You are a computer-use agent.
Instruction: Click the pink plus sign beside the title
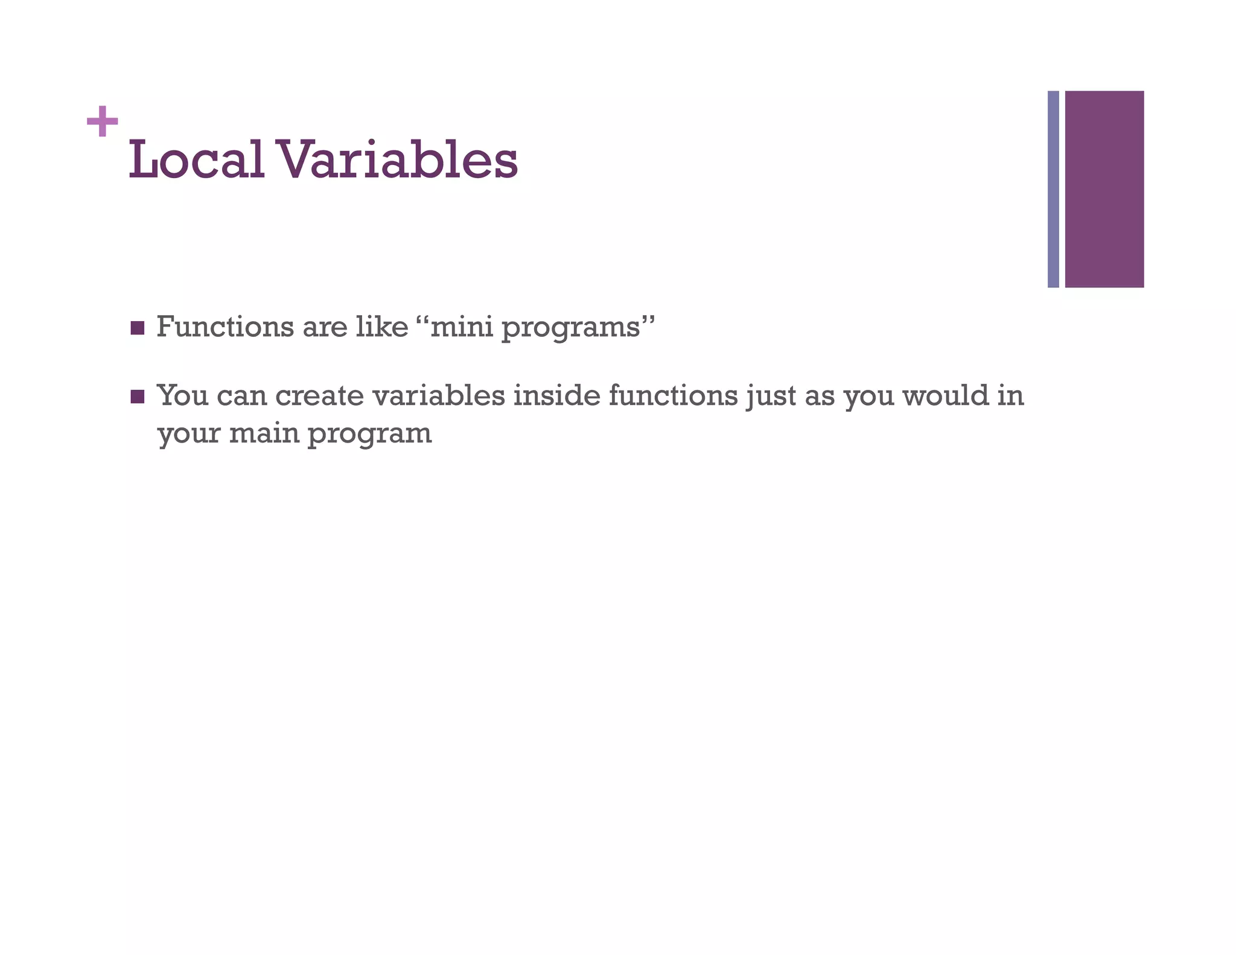click(x=102, y=121)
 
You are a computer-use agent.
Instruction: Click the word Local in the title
click(x=197, y=159)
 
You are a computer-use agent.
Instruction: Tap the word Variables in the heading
click(x=397, y=159)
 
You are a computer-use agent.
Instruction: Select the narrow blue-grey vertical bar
click(x=1053, y=189)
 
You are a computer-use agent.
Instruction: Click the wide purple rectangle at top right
click(x=1104, y=189)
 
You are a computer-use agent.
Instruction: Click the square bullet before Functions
click(x=138, y=328)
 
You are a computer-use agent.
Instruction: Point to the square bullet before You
click(x=138, y=397)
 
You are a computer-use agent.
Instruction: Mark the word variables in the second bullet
click(x=439, y=396)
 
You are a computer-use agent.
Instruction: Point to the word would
click(x=946, y=396)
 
